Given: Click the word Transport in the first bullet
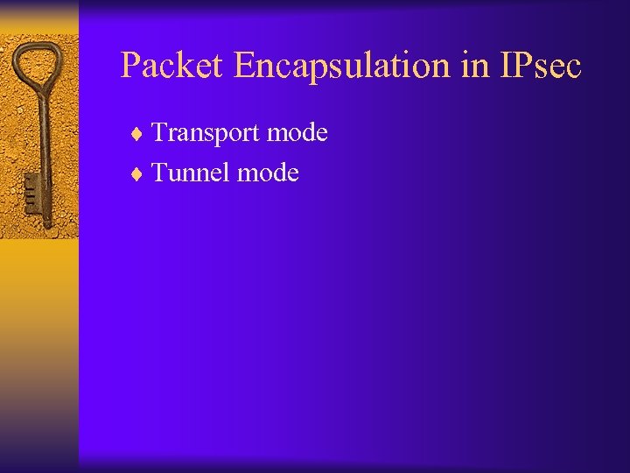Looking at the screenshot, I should click(x=206, y=133).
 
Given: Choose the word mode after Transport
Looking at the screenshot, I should click(x=297, y=133).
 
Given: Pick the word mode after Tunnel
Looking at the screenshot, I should click(x=269, y=173).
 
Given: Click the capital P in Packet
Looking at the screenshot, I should click(x=130, y=65).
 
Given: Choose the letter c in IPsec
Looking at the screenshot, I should click(x=573, y=68).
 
